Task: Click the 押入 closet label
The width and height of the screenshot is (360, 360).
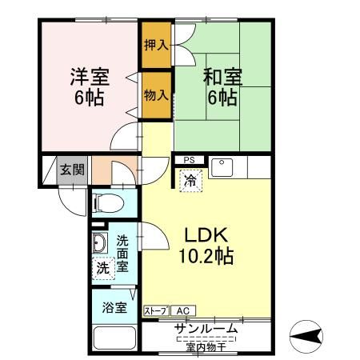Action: [156, 45]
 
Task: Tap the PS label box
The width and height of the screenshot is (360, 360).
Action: [189, 160]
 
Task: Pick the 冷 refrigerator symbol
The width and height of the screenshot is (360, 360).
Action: [190, 181]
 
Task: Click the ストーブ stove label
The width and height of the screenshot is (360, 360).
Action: [156, 310]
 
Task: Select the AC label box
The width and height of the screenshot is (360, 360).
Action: [182, 310]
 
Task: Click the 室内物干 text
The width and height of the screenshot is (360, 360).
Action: [206, 346]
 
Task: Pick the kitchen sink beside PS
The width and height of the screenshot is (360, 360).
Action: [221, 168]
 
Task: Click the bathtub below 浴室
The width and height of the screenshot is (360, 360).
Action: [115, 338]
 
